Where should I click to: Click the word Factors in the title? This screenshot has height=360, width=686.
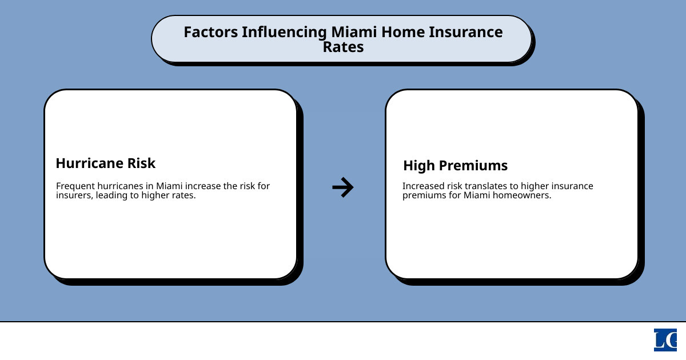click(x=210, y=32)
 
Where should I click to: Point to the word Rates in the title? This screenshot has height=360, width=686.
click(x=343, y=47)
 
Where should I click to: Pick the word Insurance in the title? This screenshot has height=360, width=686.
click(x=465, y=32)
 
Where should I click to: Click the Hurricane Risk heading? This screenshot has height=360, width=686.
click(x=105, y=163)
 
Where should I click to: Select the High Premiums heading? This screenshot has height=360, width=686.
click(x=455, y=166)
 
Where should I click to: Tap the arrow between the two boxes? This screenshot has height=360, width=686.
click(x=343, y=187)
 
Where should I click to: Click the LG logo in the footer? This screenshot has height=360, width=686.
click(x=665, y=340)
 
